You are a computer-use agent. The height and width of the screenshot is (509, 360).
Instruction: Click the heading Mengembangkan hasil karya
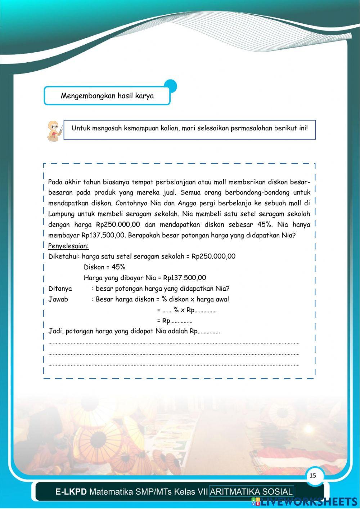(x=107, y=96)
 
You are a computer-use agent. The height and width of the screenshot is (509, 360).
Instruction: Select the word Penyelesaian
(x=68, y=246)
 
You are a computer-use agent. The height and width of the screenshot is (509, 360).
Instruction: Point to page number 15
(x=313, y=475)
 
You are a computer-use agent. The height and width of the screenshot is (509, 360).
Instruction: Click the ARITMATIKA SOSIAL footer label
(x=251, y=492)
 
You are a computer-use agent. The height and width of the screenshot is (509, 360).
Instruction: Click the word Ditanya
(x=60, y=289)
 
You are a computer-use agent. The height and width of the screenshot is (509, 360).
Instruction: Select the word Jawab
(x=58, y=299)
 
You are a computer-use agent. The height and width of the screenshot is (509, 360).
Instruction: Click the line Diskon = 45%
(x=104, y=267)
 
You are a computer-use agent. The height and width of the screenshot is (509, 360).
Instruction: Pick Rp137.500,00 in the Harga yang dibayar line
(x=184, y=278)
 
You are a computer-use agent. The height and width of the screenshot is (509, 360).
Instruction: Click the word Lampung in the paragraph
(x=61, y=214)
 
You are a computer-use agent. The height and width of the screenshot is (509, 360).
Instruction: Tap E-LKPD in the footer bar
(x=71, y=492)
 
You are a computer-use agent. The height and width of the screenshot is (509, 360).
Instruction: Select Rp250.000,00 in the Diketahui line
(x=213, y=256)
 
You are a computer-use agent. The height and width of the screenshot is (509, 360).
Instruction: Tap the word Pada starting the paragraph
(x=55, y=182)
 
